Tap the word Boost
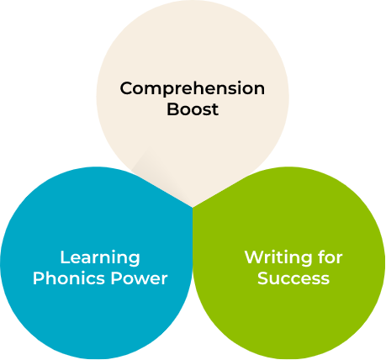pyautogui.click(x=193, y=109)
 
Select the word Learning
pyautogui.click(x=100, y=258)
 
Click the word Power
pyautogui.click(x=139, y=278)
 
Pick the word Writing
pyautogui.click(x=278, y=258)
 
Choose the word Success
pyautogui.click(x=293, y=278)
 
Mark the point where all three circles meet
pyautogui.click(x=193, y=208)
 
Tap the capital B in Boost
pyautogui.click(x=172, y=109)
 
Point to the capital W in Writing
pyautogui.click(x=255, y=257)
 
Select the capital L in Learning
pyautogui.click(x=65, y=257)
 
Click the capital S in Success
pyautogui.click(x=262, y=278)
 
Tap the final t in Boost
pyautogui.click(x=215, y=110)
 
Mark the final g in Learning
pyautogui.click(x=135, y=260)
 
